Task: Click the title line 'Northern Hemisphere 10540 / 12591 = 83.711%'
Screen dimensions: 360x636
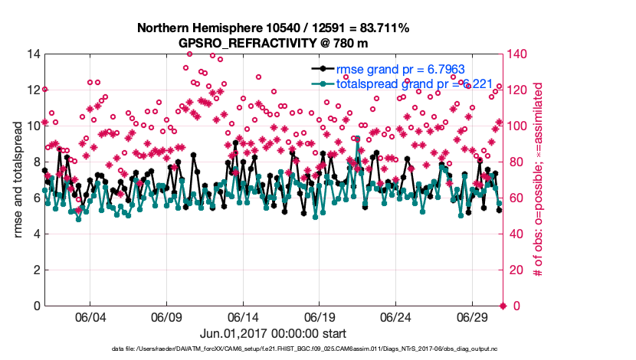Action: (x=274, y=28)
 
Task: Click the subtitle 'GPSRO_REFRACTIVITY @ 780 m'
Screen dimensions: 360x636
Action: (x=274, y=42)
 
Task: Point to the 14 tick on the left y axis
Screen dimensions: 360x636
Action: (x=33, y=54)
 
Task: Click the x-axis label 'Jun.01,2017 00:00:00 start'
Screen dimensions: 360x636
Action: (x=274, y=334)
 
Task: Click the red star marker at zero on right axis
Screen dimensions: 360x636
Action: (x=503, y=306)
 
